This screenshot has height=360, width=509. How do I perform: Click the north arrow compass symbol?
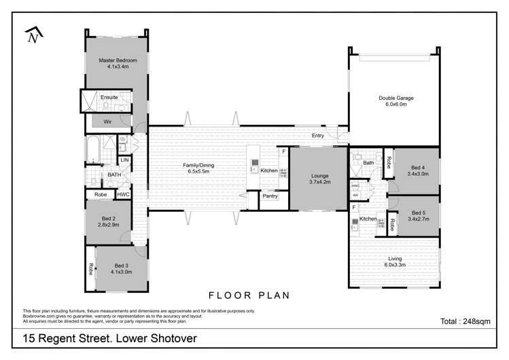point(32,36)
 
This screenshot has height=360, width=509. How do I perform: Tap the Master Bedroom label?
point(113,60)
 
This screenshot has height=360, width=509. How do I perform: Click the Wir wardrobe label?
point(107,122)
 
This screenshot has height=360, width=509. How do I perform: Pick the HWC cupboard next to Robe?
point(123,194)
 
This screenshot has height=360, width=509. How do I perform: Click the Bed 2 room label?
point(108,218)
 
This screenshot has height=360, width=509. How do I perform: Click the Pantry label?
point(270,196)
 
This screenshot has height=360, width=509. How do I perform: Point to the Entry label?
point(317,136)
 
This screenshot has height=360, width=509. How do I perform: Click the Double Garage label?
point(396,98)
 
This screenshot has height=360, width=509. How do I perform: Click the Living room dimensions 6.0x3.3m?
point(395,265)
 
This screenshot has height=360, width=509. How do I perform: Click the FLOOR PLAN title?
point(249,295)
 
